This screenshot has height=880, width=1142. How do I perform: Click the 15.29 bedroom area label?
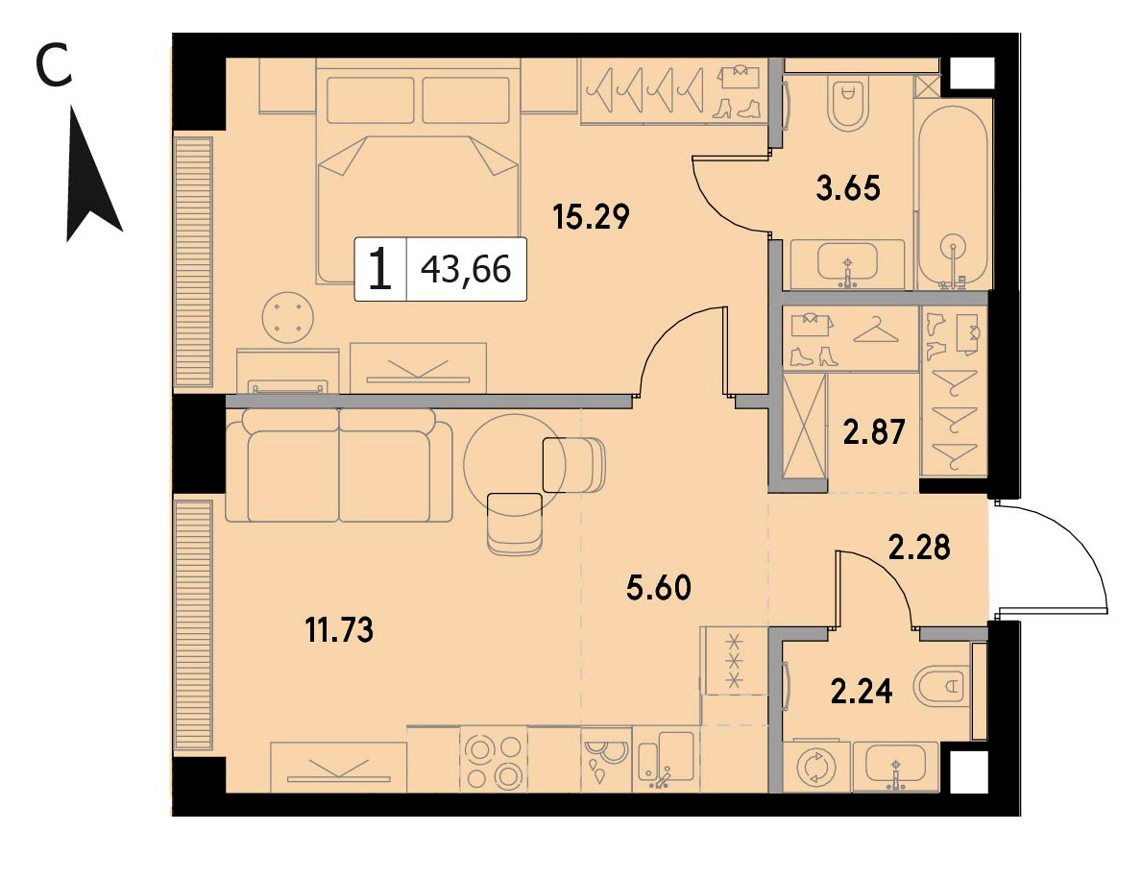[591, 216]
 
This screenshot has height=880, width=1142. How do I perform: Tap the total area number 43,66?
[466, 270]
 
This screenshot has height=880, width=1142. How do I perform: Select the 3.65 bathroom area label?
[848, 188]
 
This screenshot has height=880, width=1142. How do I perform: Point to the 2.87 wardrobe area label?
[874, 432]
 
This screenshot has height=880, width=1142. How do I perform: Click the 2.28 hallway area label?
[919, 547]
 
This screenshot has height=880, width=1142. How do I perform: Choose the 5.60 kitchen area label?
[658, 587]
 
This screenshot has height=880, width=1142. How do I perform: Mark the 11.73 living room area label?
[339, 629]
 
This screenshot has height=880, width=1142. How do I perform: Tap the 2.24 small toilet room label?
[862, 691]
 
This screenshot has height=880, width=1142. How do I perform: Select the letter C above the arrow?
[54, 64]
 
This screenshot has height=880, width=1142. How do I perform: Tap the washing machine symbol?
[814, 767]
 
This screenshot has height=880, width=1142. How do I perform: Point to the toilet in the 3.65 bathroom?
[847, 103]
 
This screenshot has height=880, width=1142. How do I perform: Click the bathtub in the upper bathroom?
[954, 197]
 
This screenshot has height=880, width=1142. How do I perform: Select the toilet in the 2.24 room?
[942, 686]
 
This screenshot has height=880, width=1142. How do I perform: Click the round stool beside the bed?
[288, 317]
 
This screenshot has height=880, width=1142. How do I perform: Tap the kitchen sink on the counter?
[666, 761]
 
